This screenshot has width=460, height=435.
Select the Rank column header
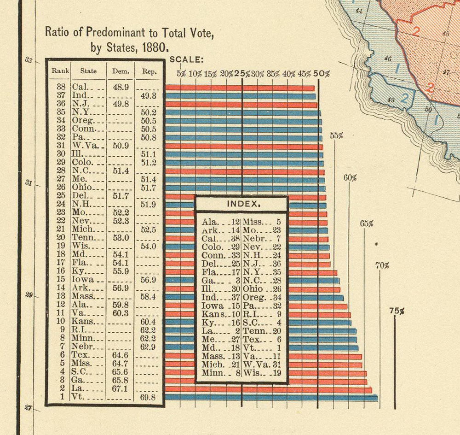[60, 71]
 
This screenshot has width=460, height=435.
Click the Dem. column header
[121, 71]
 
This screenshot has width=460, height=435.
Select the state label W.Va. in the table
[82, 146]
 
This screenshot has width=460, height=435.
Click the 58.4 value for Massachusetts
[149, 296]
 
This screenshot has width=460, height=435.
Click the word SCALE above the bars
[186, 59]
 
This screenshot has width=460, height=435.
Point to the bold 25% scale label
[242, 73]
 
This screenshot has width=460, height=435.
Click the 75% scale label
[396, 311]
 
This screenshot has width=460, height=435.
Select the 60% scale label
[350, 178]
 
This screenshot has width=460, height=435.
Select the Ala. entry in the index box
[211, 222]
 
